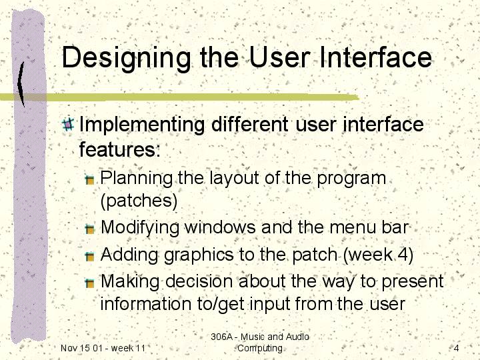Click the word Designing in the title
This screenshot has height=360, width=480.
click(126, 59)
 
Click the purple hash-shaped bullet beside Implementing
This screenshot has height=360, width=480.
click(68, 125)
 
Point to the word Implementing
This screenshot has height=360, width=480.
click(142, 125)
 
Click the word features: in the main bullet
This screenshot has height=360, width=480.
click(120, 149)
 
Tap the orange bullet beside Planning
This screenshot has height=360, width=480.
click(89, 180)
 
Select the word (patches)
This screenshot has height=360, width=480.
click(139, 201)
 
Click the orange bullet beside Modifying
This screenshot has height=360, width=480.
click(89, 229)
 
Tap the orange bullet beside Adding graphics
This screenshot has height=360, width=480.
click(89, 256)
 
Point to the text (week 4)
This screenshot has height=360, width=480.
click(378, 255)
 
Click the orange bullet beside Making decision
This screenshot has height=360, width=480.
click(89, 283)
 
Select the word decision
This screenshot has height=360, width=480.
click(199, 281)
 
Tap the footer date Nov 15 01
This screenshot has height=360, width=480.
click(80, 348)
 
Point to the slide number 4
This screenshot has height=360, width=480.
click(456, 348)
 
